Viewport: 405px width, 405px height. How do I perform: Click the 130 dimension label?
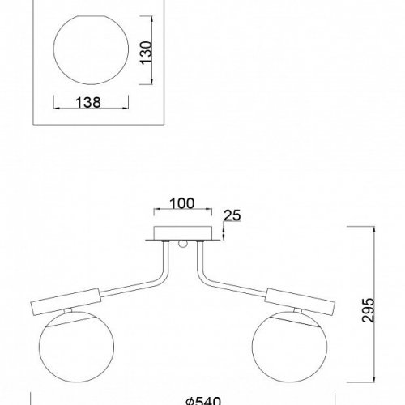pos(146,53)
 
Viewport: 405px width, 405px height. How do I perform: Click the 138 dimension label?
pos(88,103)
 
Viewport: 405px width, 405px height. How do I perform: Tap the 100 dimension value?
pos(181,203)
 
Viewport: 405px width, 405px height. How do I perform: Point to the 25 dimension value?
pos(232,215)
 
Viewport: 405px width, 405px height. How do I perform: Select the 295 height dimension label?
pos(368,310)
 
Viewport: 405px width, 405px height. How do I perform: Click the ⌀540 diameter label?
pos(203,401)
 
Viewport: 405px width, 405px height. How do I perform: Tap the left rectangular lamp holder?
pos(66,301)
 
